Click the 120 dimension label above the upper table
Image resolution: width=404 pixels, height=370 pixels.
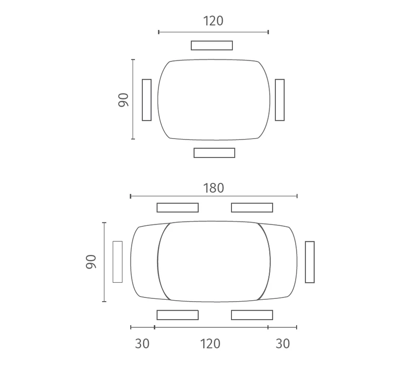tap(213, 21)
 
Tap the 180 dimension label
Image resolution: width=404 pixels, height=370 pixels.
tap(214, 188)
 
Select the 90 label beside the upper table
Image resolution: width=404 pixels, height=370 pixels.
tap(124, 100)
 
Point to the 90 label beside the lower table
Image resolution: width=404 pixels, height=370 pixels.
tap(91, 262)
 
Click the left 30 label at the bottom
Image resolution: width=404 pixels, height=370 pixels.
tap(142, 344)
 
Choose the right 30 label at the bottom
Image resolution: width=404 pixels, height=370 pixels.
tap(283, 344)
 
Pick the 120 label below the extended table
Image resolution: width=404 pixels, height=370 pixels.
tap(210, 344)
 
